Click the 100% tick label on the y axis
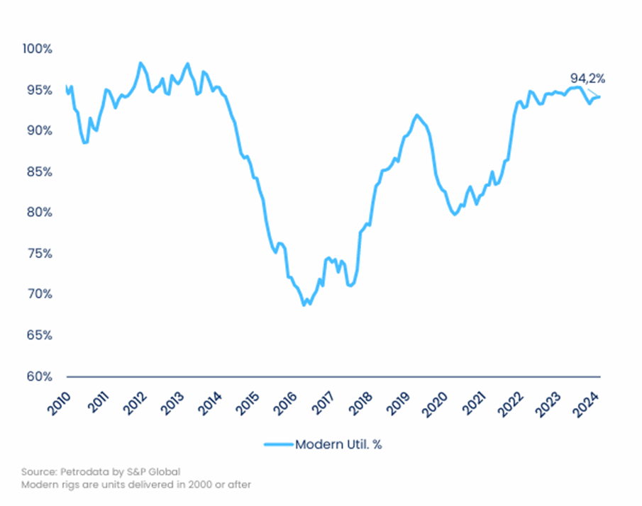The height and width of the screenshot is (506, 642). click(x=37, y=49)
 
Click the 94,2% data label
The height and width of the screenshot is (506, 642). click(x=587, y=79)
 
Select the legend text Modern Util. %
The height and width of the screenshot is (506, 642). click(x=339, y=444)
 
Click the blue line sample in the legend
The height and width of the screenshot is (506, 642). click(x=278, y=444)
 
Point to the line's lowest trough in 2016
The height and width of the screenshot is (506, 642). click(x=304, y=305)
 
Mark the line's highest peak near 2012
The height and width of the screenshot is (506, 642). click(x=140, y=63)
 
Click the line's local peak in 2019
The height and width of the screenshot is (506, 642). click(x=416, y=115)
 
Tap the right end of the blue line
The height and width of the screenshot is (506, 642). click(x=600, y=96)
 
